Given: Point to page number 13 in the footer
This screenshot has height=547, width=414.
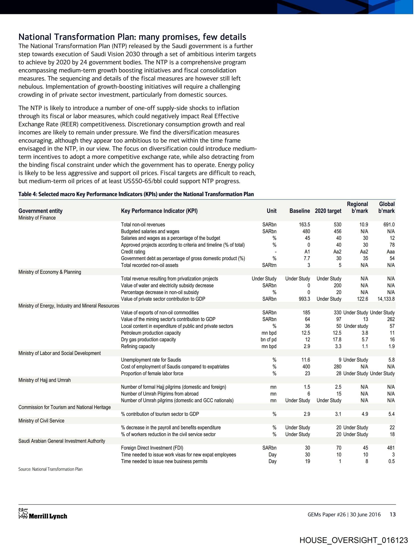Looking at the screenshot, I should (393, 515).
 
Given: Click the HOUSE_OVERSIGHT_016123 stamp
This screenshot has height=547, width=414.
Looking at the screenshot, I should (354, 540).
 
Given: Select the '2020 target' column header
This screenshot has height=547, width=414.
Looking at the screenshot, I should (328, 211).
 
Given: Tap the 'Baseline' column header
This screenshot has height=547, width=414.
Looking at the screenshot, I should (299, 211).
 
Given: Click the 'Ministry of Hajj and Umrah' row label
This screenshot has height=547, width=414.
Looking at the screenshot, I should (44, 380).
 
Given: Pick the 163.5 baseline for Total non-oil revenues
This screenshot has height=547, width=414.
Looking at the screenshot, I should (304, 224).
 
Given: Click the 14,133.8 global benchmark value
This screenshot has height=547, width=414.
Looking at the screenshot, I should (386, 299).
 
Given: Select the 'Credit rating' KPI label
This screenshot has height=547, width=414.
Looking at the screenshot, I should (133, 252).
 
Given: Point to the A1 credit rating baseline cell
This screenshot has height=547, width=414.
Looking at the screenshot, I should (307, 252).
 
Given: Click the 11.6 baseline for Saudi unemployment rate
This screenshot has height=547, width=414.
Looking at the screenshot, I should (306, 360).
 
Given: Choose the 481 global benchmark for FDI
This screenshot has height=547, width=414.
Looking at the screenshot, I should (391, 448).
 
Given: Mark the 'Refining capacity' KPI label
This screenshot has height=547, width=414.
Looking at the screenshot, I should (138, 346).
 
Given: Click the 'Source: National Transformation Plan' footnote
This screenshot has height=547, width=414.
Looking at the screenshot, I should (50, 469).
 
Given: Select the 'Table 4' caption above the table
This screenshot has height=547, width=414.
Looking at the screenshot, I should (136, 194).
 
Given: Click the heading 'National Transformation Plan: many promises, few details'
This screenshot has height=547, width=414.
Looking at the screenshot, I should (132, 37).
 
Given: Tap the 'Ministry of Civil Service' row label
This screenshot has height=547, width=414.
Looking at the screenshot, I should (41, 421).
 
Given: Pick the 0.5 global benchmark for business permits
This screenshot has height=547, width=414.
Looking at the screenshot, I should (391, 461).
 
